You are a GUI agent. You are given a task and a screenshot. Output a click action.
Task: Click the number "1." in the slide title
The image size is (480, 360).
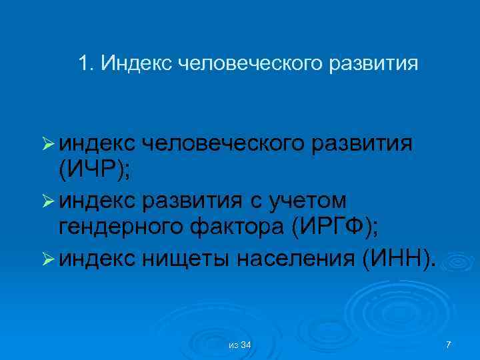[x=85, y=64]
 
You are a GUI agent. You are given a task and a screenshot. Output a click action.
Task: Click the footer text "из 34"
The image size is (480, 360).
[x=239, y=344]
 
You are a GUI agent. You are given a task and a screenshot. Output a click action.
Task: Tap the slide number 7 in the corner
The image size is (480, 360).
[x=448, y=344]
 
